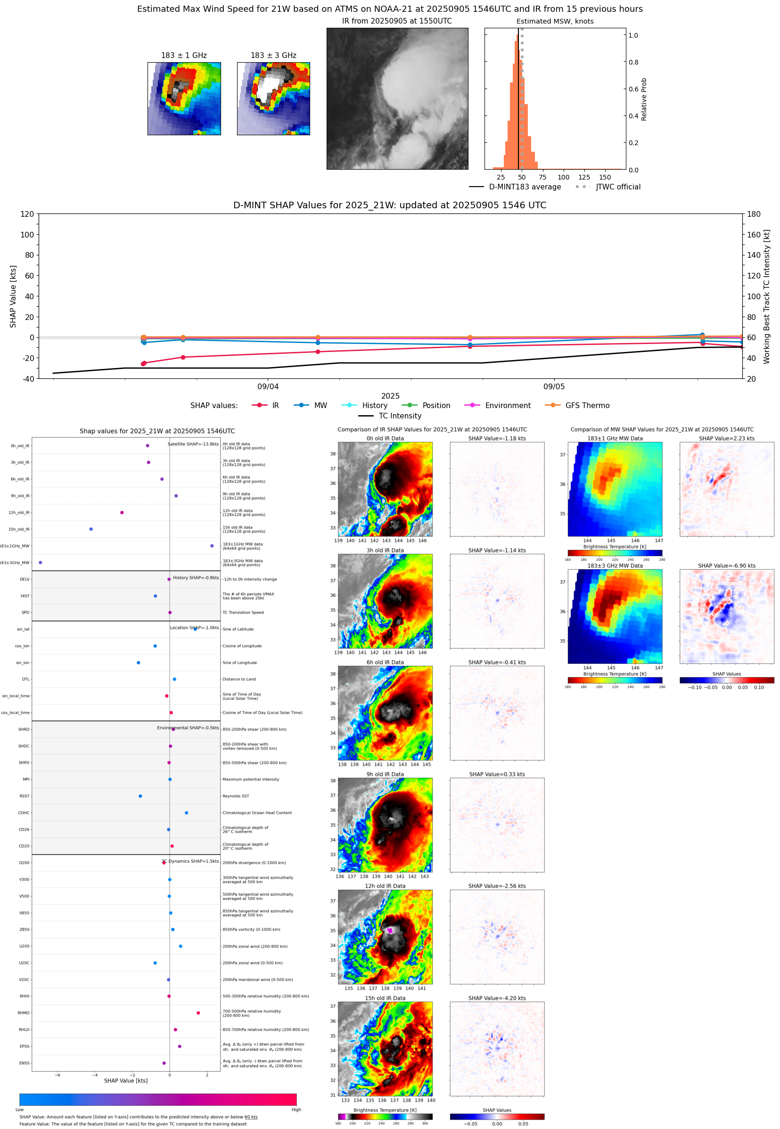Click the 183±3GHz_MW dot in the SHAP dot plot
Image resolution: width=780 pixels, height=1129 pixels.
pyautogui.click(x=40, y=562)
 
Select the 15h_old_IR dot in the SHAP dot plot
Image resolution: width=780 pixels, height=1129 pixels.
pyautogui.click(x=91, y=529)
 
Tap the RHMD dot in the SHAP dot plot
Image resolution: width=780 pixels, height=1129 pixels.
pyautogui.click(x=198, y=1013)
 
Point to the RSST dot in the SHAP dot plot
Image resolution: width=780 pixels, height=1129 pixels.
pyautogui.click(x=140, y=796)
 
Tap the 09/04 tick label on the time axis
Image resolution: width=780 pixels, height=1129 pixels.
pyautogui.click(x=268, y=386)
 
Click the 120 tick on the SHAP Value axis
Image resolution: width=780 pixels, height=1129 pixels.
pyautogui.click(x=27, y=214)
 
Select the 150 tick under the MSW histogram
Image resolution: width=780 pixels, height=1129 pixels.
pyautogui.click(x=605, y=177)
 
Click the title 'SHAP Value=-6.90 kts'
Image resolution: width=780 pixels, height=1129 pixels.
pyautogui.click(x=726, y=566)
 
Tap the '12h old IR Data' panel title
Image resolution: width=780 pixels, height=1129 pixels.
pyautogui.click(x=385, y=886)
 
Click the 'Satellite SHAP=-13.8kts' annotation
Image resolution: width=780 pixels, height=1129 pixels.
pyautogui.click(x=193, y=444)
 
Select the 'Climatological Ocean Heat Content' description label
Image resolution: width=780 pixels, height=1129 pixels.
pyautogui.click(x=257, y=813)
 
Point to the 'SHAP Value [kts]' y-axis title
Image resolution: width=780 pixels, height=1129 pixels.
pyautogui.click(x=13, y=296)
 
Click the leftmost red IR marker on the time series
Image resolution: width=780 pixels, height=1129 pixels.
pyautogui.click(x=143, y=363)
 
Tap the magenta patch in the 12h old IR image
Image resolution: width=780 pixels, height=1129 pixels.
pyautogui.click(x=390, y=931)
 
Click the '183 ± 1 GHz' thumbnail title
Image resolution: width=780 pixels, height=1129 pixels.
pyautogui.click(x=184, y=56)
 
